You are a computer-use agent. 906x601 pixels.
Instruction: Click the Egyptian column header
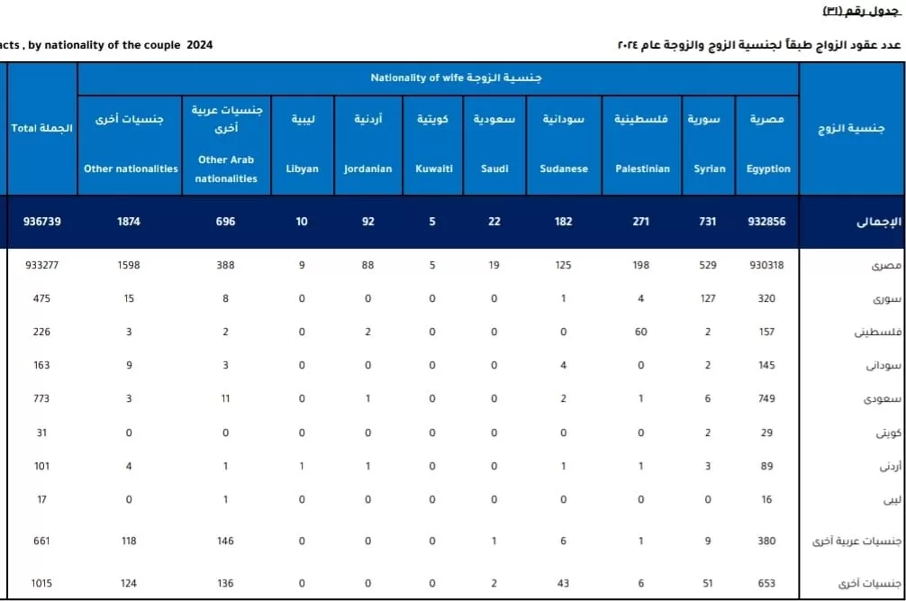coord(767,144)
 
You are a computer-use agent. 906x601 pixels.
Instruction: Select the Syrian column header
coord(708,144)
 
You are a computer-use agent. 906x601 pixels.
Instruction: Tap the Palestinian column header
coord(642,144)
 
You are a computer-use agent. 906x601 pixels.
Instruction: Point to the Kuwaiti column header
coord(433,144)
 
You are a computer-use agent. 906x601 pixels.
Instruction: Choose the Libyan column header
coord(302,144)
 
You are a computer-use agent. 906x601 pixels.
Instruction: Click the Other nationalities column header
coord(131,144)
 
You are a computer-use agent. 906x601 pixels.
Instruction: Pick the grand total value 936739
coord(42,221)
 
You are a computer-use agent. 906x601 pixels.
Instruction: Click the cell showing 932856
coord(767,221)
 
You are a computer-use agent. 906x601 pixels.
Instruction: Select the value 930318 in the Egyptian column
coord(767,265)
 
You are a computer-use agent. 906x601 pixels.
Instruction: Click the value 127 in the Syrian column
coord(708,298)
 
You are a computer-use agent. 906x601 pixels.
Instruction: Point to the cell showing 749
coord(767,398)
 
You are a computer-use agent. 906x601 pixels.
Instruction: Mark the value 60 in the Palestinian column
coord(641,332)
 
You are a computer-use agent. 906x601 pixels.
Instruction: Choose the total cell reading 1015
coord(41,583)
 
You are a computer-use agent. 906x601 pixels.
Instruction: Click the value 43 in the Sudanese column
coord(564,583)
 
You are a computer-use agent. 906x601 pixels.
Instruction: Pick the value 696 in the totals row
coord(225,221)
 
